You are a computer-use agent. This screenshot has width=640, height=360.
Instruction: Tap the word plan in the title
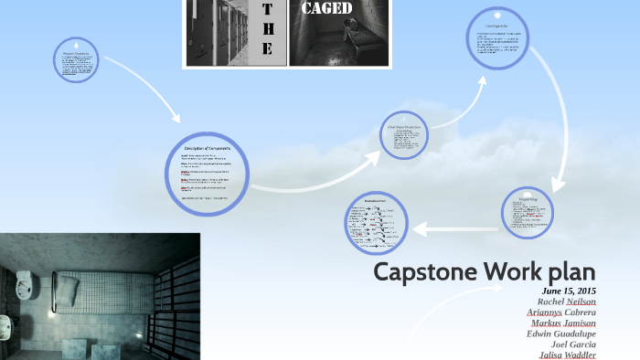(567, 272)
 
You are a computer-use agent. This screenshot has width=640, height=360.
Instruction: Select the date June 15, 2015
(569, 291)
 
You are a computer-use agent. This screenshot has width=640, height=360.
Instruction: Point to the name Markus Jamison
(563, 323)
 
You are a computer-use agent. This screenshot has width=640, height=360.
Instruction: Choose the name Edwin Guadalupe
(561, 334)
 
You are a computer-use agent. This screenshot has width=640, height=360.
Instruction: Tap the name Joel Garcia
(573, 344)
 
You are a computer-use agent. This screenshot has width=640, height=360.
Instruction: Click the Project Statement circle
(76, 58)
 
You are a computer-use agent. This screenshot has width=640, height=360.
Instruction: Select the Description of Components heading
(208, 148)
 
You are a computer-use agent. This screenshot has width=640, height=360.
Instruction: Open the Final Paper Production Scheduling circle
(405, 134)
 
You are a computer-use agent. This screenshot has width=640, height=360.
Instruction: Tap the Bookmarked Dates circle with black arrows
(376, 223)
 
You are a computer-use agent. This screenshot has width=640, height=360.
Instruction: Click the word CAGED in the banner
(326, 8)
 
